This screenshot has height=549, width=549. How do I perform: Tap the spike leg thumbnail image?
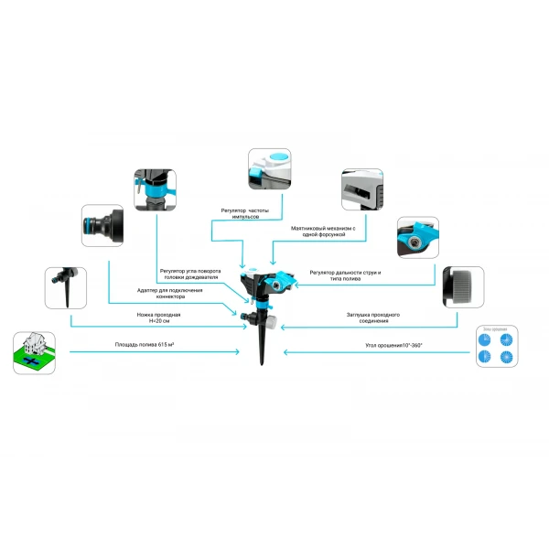tap(66, 288)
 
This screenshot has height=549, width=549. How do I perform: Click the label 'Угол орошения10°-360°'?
tap(394, 346)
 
